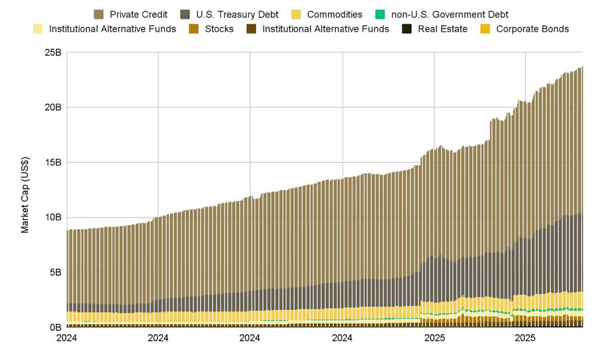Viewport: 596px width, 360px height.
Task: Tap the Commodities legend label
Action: pos(335,14)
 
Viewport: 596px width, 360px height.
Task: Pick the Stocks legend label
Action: pos(219,29)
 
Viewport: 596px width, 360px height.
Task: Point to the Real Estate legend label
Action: pos(442,29)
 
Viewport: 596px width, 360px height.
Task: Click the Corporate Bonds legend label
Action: pos(532,29)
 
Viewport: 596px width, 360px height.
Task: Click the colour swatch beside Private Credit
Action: pos(99,14)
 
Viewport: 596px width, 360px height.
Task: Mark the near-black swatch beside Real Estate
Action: pos(406,29)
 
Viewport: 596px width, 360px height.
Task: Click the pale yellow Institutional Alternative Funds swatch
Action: pos(37,29)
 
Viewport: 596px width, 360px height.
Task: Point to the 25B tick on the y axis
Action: pos(53,52)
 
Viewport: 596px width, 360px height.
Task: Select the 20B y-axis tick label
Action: pos(53,107)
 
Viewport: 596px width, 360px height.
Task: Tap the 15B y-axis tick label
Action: pos(53,162)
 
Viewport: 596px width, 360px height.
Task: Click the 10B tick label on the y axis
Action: pos(53,218)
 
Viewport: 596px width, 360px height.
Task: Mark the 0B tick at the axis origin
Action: pos(55,327)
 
